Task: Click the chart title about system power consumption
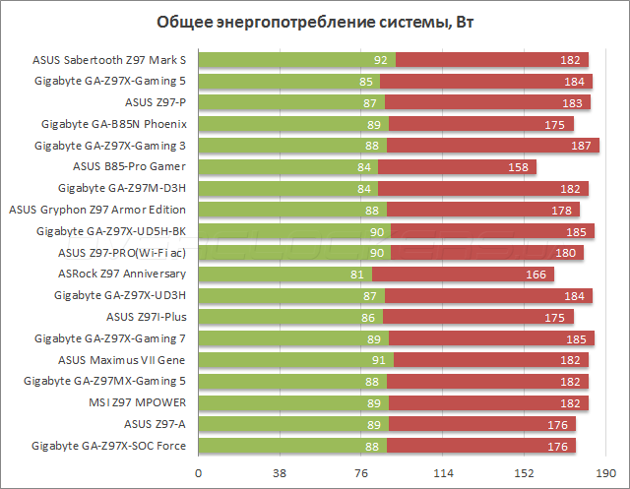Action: (315, 23)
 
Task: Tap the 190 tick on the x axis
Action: (608, 474)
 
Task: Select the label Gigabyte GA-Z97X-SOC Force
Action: (110, 446)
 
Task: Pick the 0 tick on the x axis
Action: (199, 474)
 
